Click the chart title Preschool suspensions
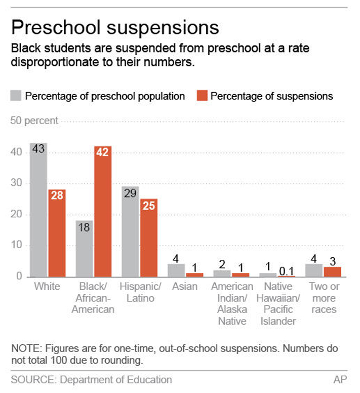(115, 27)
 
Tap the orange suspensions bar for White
(57, 233)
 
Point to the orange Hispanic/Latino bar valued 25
(149, 238)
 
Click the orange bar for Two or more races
(333, 272)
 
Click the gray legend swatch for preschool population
(16, 95)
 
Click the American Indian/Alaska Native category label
(232, 303)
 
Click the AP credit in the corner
(340, 379)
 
